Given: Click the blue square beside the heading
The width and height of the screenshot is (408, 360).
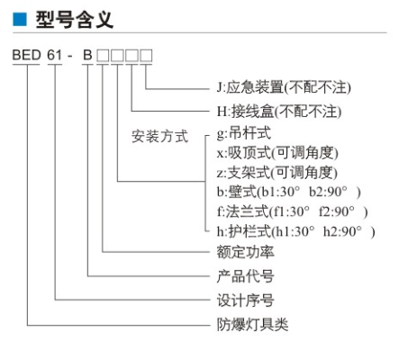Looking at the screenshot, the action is point(20,19).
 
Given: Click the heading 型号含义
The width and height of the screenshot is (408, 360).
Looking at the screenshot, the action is point(75,20).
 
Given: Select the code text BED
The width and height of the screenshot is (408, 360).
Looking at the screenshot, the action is point(26,55).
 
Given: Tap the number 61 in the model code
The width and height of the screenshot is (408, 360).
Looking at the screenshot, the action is point(55,55).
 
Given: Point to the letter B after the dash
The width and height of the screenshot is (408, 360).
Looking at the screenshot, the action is point(87,55).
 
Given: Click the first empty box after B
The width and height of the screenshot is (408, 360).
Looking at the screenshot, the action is point(103,56).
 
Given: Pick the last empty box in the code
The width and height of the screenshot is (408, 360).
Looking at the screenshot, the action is point(146,56).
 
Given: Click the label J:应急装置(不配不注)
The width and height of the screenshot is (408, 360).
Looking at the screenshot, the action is point(284,87).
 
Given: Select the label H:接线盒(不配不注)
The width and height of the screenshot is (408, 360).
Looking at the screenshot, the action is point(279,112).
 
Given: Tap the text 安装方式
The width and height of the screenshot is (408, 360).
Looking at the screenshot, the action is point(159,136).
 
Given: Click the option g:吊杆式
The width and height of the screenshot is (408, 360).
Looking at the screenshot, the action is point(244,132).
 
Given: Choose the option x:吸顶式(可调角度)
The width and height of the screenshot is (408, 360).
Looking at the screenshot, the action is point(277,152).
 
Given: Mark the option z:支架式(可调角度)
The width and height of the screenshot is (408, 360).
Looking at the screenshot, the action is point(277,172).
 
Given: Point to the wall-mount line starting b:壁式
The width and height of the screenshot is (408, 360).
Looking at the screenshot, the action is point(288,192).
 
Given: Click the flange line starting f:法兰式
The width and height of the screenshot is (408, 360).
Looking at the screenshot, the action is point(292,211).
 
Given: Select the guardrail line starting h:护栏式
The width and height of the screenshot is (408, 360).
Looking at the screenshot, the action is point(295,231).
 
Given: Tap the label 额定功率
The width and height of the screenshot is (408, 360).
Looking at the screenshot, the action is point(245,252).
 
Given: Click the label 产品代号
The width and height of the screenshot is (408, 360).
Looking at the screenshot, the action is point(245,276).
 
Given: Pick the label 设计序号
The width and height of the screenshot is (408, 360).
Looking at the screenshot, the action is point(245,300).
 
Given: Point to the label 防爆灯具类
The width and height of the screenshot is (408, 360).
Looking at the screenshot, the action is point(252,325).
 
